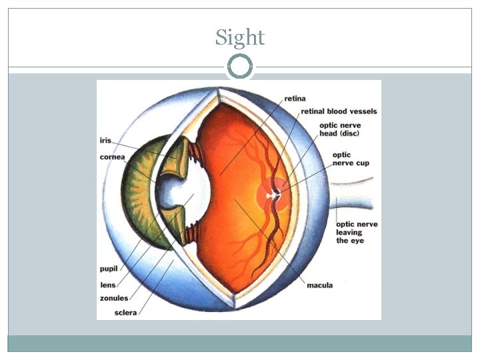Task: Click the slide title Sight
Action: pyautogui.click(x=240, y=37)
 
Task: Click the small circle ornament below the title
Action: pyautogui.click(x=240, y=67)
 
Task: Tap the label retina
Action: pyautogui.click(x=295, y=99)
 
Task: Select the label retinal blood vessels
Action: pyautogui.click(x=339, y=111)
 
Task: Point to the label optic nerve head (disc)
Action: pyautogui.click(x=339, y=129)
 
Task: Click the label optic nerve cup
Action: pyautogui.click(x=351, y=159)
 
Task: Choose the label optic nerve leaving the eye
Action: pyautogui.click(x=357, y=232)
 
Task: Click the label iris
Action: pyautogui.click(x=105, y=141)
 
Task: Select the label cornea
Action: pyautogui.click(x=111, y=158)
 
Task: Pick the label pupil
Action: pyautogui.click(x=108, y=269)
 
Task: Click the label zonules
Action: pyautogui.click(x=114, y=298)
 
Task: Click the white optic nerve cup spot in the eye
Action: pyautogui.click(x=272, y=196)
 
